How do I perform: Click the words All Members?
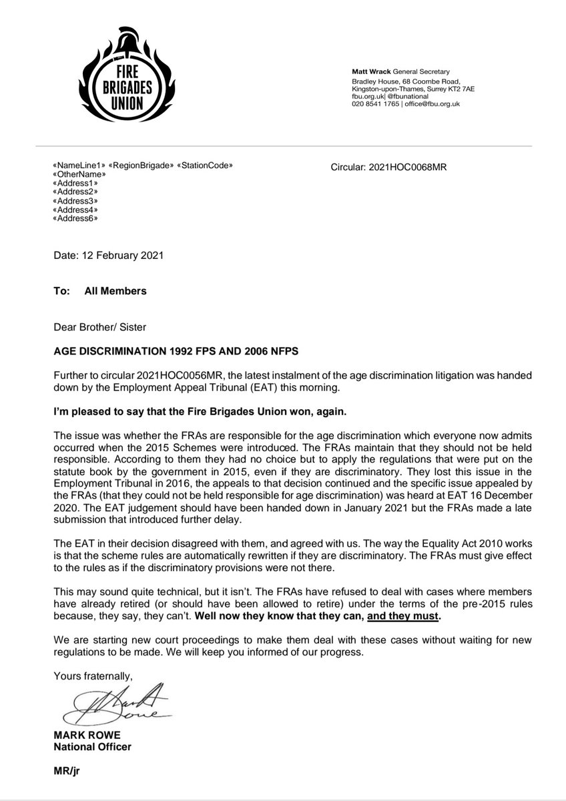pos(115,291)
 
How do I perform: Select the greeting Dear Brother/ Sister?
pos(100,327)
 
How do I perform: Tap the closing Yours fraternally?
pos(86,676)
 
